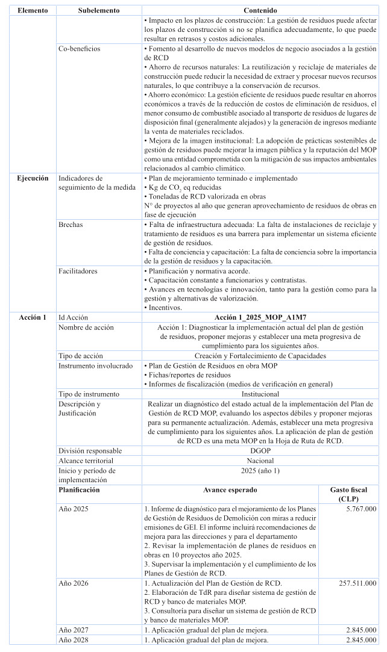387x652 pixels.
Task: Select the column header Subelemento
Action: tap(99, 11)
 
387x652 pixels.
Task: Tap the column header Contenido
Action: tap(260, 11)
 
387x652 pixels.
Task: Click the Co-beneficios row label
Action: tap(79, 48)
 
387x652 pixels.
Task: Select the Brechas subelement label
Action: tap(71, 225)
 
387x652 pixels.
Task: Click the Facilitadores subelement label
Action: tap(77, 272)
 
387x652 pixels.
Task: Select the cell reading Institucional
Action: tap(260, 394)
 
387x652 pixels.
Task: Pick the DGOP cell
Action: tap(260, 450)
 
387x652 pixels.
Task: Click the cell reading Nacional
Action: tap(260, 460)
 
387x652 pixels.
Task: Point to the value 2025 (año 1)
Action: tap(260, 470)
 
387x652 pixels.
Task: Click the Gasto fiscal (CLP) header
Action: tap(350, 494)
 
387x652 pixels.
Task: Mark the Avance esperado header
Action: tap(232, 490)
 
